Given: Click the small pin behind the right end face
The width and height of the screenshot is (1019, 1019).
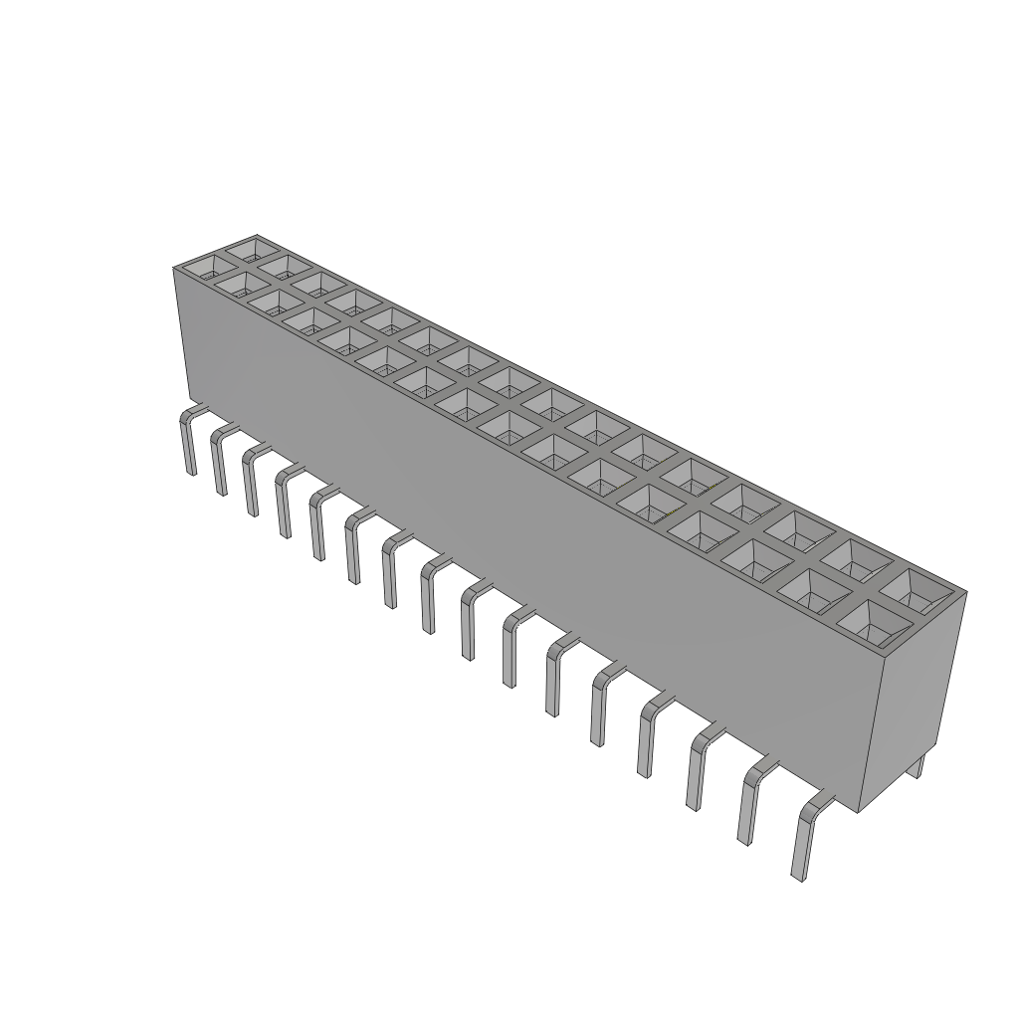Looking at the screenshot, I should [x=920, y=766].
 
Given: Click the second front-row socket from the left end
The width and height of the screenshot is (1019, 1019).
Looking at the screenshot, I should [x=239, y=285].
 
